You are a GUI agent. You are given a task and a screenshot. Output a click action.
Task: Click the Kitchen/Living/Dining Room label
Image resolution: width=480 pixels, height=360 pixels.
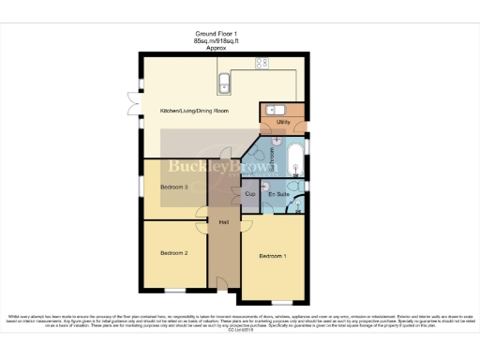pos(194,112)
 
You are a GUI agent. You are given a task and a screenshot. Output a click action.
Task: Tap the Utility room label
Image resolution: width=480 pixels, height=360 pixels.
pos(282,122)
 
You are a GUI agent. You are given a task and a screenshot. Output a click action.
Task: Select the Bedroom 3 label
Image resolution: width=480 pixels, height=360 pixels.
pos(174,187)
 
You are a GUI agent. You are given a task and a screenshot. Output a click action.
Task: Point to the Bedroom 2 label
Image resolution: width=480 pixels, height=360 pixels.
pos(174,253)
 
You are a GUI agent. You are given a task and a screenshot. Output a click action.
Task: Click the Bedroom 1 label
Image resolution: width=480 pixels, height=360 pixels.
pos(274,256)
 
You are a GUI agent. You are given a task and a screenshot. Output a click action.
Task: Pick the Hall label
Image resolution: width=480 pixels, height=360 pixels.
pos(224,222)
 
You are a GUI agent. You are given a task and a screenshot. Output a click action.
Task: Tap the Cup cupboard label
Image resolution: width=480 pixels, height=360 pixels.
pos(249,194)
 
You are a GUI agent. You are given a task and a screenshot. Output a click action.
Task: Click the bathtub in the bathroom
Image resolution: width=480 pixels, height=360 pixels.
pos(293,160)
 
